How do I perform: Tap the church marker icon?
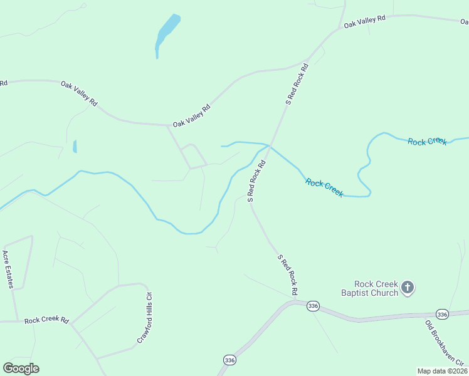click(408, 288)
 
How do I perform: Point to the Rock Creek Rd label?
click(46, 320)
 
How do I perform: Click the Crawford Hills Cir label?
click(145, 318)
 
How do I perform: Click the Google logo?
click(21, 368)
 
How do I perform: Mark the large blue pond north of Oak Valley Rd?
click(167, 32)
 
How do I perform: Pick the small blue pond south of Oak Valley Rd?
click(75, 146)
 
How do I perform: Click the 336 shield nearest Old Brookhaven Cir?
click(442, 314)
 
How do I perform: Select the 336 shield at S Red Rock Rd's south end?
click(314, 305)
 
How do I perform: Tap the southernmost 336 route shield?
click(229, 360)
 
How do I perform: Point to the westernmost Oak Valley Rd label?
click(80, 93)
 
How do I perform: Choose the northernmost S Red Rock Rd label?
click(297, 83)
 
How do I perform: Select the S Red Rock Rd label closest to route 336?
click(287, 274)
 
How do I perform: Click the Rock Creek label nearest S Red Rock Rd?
click(324, 187)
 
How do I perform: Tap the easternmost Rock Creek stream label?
click(427, 142)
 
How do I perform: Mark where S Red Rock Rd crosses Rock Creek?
click(269, 146)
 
